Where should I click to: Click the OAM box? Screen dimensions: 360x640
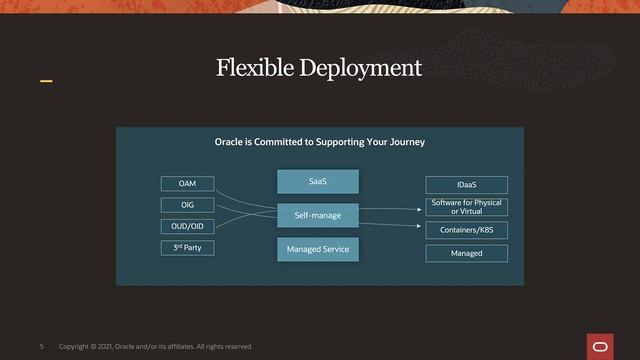pyautogui.click(x=188, y=184)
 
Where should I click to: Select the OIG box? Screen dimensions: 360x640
pyautogui.click(x=188, y=205)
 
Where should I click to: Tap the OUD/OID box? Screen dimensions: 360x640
pyautogui.click(x=188, y=226)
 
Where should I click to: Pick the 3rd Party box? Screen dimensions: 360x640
pyautogui.click(x=188, y=247)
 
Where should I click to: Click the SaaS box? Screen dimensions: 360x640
pyautogui.click(x=317, y=181)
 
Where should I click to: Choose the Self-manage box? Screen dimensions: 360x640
pyautogui.click(x=317, y=215)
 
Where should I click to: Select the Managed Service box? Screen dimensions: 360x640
pyautogui.click(x=317, y=249)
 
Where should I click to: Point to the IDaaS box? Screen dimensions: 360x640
pyautogui.click(x=466, y=185)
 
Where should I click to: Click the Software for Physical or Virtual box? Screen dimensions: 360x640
pyautogui.click(x=466, y=207)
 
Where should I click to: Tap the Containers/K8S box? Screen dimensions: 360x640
pyautogui.click(x=466, y=230)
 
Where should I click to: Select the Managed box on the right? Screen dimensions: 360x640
pyautogui.click(x=466, y=253)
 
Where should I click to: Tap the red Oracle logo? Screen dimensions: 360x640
pyautogui.click(x=600, y=346)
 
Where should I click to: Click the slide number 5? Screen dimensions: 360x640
pyautogui.click(x=42, y=347)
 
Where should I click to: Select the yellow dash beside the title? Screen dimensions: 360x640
pyautogui.click(x=46, y=79)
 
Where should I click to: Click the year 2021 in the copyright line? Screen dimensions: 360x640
pyautogui.click(x=108, y=347)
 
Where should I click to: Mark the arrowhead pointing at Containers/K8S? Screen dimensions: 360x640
pyautogui.click(x=420, y=225)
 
